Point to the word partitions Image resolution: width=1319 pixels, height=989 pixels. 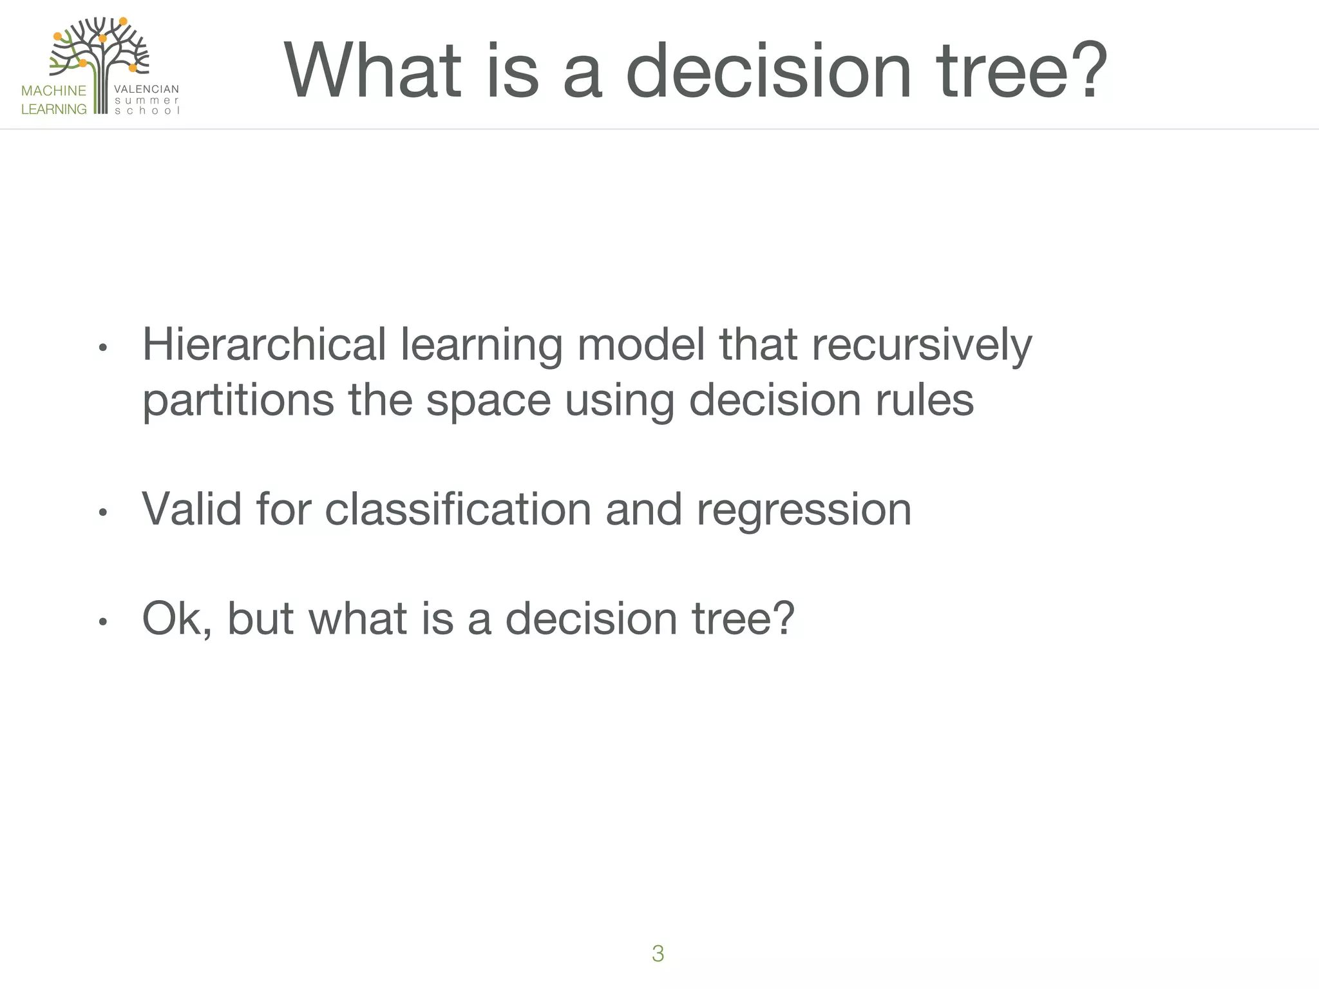point(238,400)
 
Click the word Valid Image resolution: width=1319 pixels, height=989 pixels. point(191,509)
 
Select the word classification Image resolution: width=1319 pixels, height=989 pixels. point(457,509)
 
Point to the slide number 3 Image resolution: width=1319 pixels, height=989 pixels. point(658,953)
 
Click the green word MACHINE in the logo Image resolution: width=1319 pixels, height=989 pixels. point(53,91)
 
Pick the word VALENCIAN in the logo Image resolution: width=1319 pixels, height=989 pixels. point(146,89)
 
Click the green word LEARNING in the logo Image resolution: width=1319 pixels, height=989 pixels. point(53,109)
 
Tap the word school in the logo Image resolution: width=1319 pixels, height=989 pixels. point(146,111)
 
